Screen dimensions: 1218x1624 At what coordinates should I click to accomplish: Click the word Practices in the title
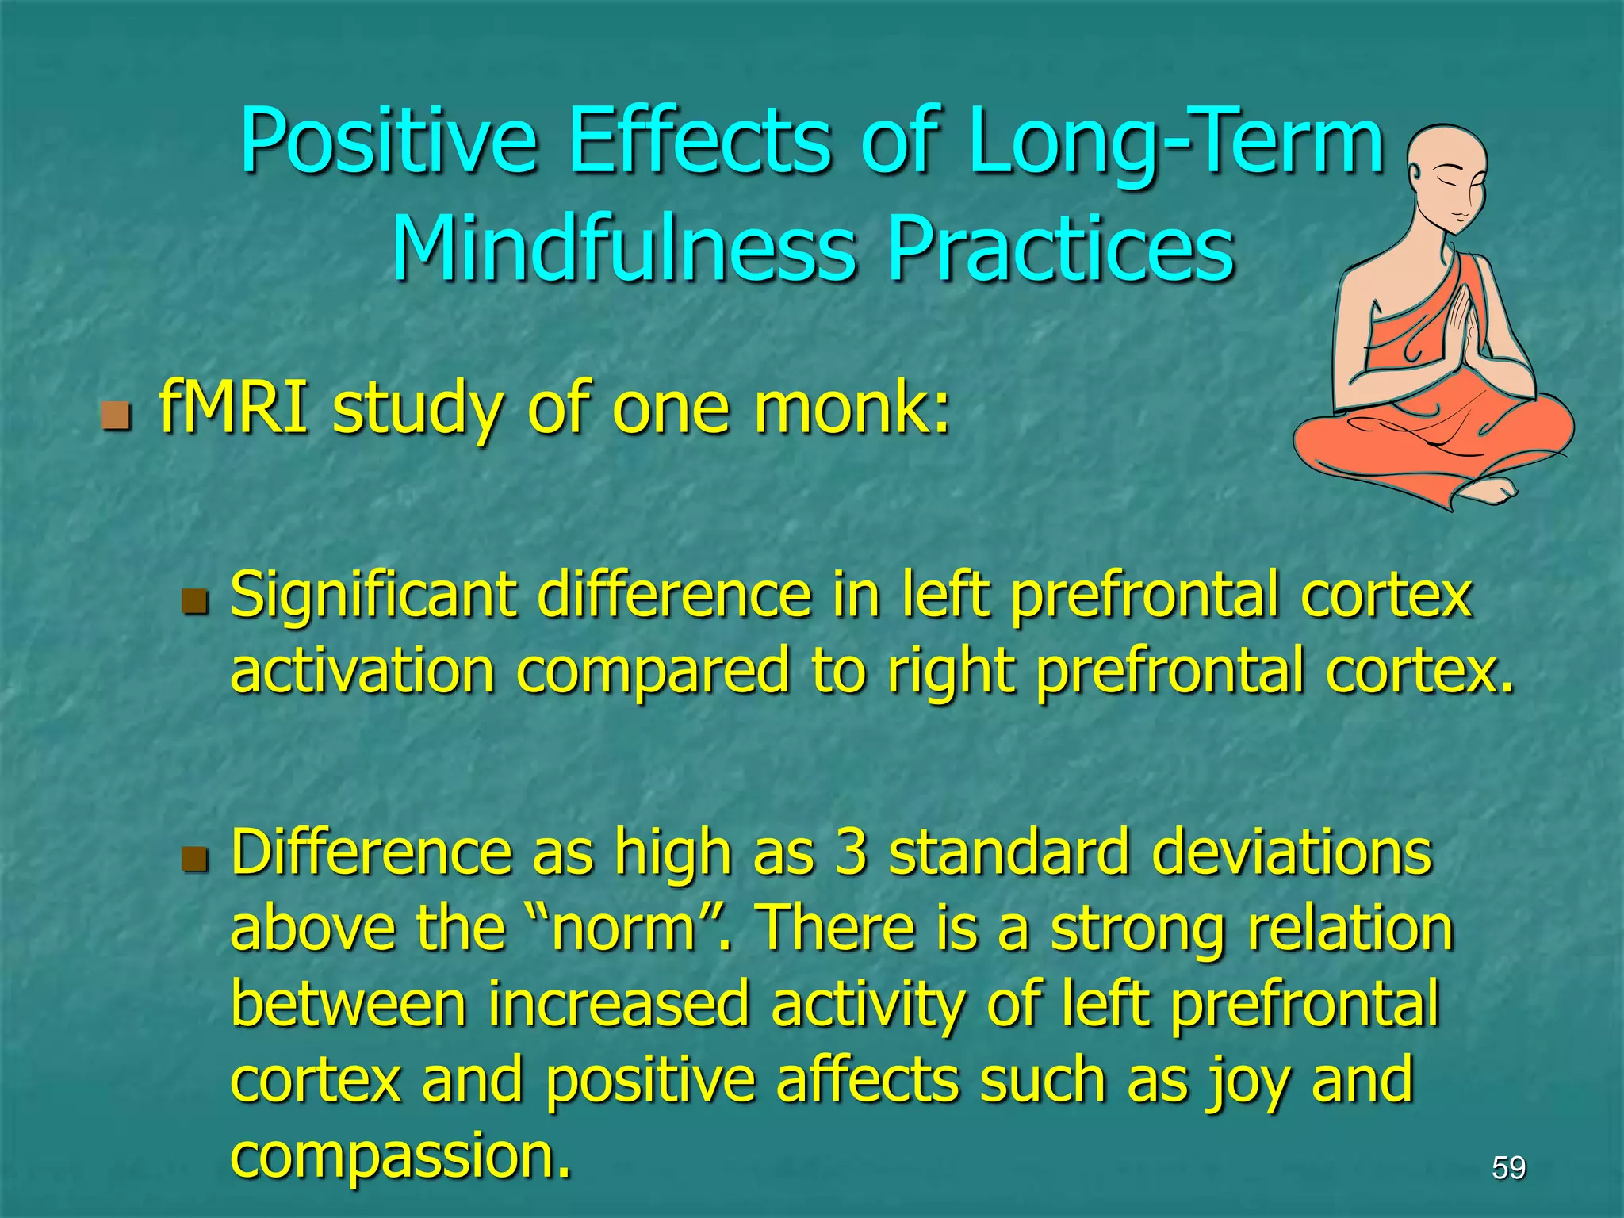click(1060, 249)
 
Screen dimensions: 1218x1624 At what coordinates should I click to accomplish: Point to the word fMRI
click(233, 408)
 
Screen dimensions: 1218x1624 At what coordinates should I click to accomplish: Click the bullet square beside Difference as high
click(194, 858)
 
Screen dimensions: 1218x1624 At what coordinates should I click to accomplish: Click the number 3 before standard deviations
click(850, 853)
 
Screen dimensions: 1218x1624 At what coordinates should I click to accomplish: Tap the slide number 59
click(1508, 1167)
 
